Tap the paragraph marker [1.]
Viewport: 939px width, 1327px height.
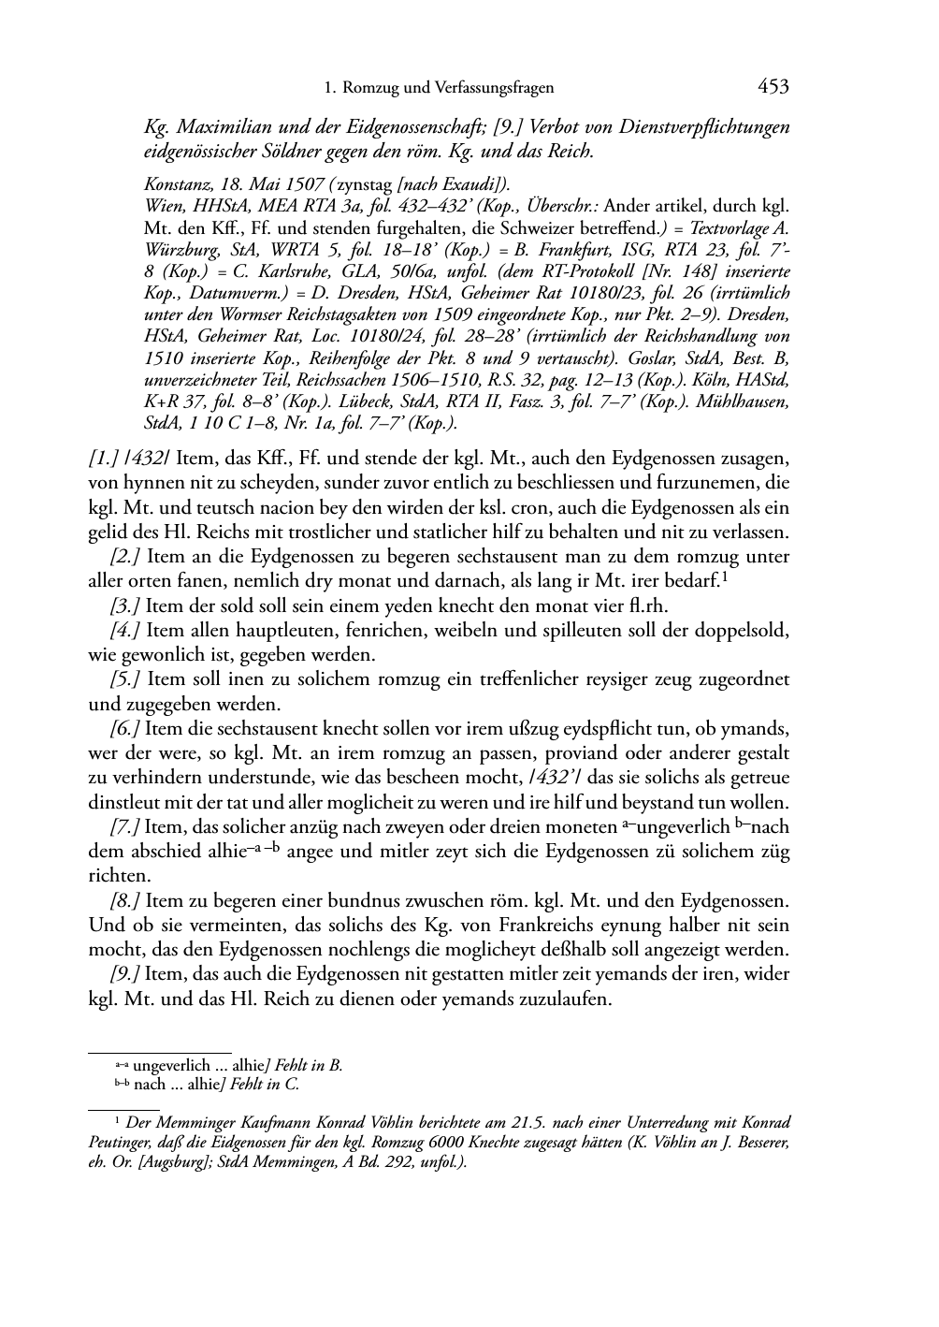[x=102, y=459]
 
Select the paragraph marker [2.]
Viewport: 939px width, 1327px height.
[x=124, y=557]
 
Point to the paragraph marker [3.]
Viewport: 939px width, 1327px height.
[x=124, y=605]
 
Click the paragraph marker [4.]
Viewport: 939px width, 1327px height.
[x=124, y=630]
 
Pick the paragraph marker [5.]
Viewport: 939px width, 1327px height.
[x=124, y=678]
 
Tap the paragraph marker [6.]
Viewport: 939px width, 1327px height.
[x=124, y=728]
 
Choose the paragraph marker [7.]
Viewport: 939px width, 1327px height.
[x=124, y=827]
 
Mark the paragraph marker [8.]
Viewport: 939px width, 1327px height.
[x=124, y=901]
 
